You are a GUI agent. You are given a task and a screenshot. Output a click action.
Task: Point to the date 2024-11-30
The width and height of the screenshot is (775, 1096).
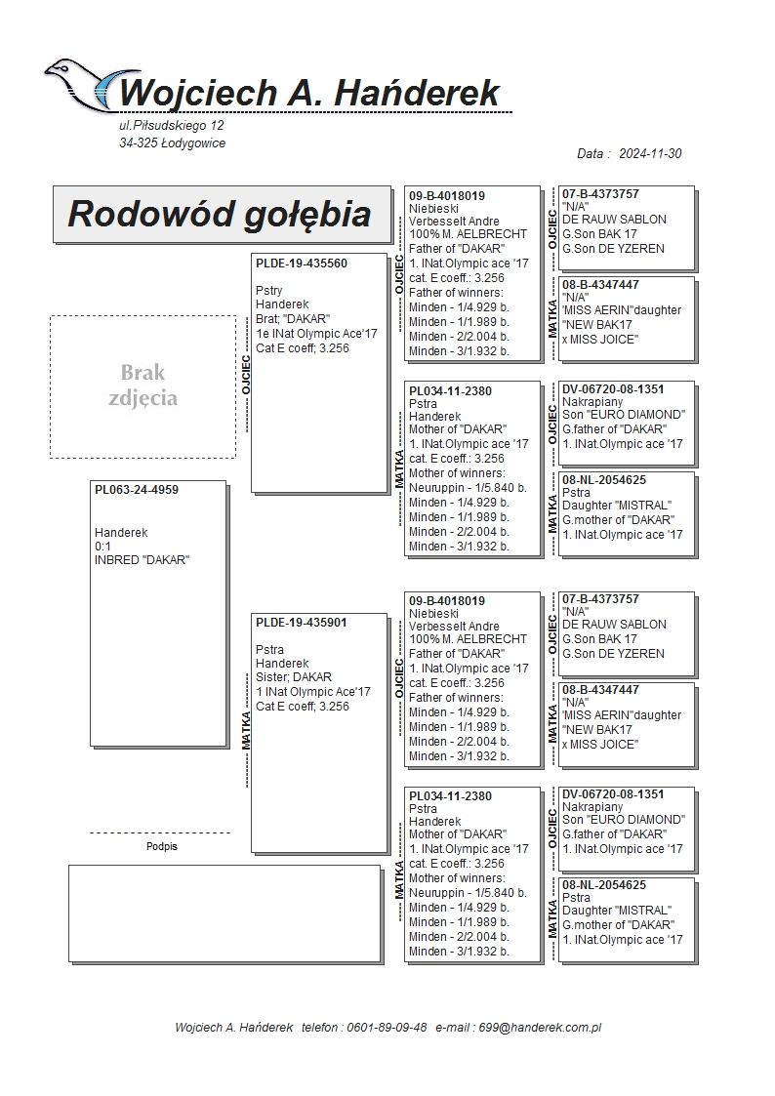click(x=651, y=154)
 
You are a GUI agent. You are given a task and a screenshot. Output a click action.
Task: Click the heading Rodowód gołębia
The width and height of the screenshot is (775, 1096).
click(x=219, y=214)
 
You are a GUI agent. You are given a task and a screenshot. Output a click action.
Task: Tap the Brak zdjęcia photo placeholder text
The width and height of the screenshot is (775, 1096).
click(x=143, y=386)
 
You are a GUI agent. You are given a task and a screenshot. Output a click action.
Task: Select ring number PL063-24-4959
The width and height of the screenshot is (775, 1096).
click(x=137, y=490)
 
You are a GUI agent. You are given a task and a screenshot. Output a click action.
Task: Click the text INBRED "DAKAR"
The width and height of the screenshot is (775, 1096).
click(x=142, y=560)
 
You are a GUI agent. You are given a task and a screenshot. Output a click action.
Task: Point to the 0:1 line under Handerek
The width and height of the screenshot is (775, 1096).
click(x=102, y=547)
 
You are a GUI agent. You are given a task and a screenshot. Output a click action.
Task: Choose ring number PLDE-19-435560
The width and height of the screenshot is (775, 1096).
click(x=302, y=264)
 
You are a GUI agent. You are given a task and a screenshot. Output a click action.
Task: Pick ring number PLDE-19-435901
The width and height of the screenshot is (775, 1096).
click(x=302, y=623)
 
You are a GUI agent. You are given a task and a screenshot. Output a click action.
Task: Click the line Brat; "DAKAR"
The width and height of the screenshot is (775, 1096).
click(x=293, y=319)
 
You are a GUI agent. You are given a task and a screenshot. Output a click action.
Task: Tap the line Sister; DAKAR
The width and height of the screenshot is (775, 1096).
click(x=293, y=677)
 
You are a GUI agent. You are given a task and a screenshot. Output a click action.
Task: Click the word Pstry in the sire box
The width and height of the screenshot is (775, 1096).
click(x=269, y=291)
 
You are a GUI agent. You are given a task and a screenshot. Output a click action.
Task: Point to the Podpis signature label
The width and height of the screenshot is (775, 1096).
click(x=162, y=847)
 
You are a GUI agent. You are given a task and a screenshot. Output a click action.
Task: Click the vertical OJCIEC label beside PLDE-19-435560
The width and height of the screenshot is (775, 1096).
click(x=245, y=374)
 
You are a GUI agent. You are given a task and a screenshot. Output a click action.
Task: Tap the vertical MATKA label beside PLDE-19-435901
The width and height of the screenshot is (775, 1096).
click(x=245, y=730)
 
